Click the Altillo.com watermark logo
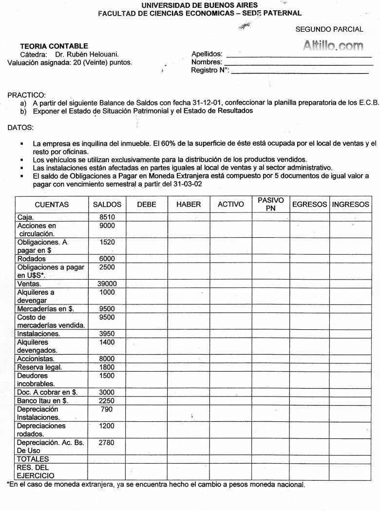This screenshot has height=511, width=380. pyautogui.click(x=333, y=46)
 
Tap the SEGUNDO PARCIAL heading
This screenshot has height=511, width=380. pyautogui.click(x=329, y=29)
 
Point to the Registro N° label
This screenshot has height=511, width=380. pyautogui.click(x=209, y=70)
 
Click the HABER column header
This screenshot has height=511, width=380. pyautogui.click(x=189, y=205)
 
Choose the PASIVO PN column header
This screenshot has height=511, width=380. pyautogui.click(x=270, y=204)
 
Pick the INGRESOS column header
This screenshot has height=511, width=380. pyautogui.click(x=350, y=205)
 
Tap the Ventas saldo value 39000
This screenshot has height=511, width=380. pyautogui.click(x=107, y=284)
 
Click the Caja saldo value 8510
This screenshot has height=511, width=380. pyautogui.click(x=107, y=217)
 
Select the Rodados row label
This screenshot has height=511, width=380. pyautogui.click(x=31, y=259)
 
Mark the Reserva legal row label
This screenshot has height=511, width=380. pyautogui.click(x=39, y=367)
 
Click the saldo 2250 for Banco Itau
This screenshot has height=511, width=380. pyautogui.click(x=107, y=400)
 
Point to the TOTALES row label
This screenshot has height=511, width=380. pyautogui.click(x=33, y=459)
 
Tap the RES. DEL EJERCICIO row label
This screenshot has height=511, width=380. pyautogui.click(x=36, y=471)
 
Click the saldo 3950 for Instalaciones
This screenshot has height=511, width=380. pyautogui.click(x=107, y=334)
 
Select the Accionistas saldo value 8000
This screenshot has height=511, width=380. pyautogui.click(x=107, y=359)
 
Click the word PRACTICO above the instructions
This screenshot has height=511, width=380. pyautogui.click(x=26, y=95)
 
